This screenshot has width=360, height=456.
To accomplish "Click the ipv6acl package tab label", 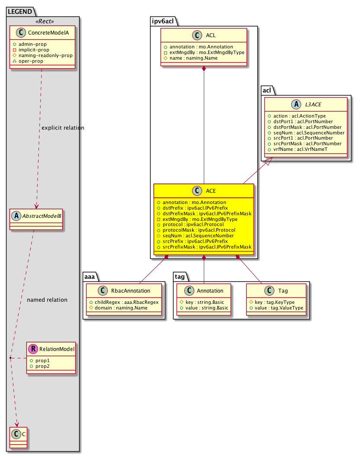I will (x=162, y=20).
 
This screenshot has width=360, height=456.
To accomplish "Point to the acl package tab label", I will (x=268, y=89).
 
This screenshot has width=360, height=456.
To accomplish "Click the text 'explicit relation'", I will (x=63, y=128).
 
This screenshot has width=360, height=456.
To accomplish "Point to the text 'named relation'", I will (x=47, y=300).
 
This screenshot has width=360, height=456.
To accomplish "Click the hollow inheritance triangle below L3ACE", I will (x=268, y=162).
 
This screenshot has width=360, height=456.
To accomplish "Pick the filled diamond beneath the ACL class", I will (x=204, y=68).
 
